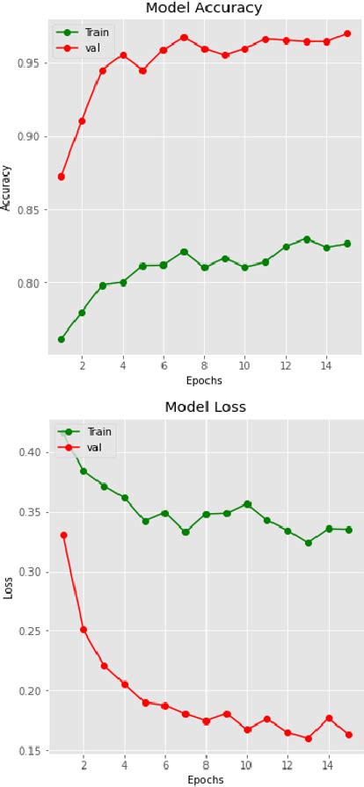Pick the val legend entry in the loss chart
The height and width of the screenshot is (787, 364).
pyautogui.click(x=86, y=447)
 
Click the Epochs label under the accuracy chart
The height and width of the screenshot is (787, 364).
pyautogui.click(x=204, y=381)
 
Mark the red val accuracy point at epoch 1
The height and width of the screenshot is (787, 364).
pyautogui.click(x=62, y=177)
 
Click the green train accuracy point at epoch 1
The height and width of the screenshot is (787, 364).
pyautogui.click(x=62, y=339)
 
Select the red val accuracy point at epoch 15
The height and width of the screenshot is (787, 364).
pyautogui.click(x=347, y=33)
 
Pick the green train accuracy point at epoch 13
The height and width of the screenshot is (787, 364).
pyautogui.click(x=306, y=239)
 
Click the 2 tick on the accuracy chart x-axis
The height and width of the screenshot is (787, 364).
pyautogui.click(x=82, y=368)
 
